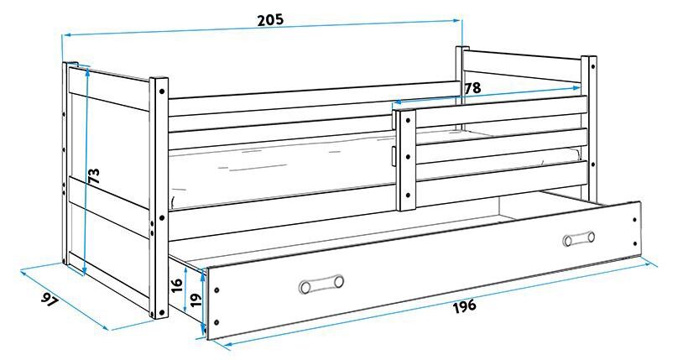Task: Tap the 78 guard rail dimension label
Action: (472, 87)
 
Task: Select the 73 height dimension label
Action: (95, 175)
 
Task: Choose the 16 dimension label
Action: (176, 284)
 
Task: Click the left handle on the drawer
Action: (321, 284)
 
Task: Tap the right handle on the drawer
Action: (578, 240)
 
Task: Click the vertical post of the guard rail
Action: (407, 164)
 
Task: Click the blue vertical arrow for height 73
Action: (86, 168)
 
